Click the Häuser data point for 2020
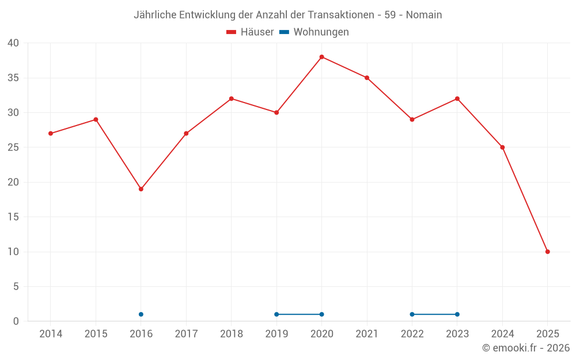coord(321,57)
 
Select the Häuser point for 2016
coord(141,189)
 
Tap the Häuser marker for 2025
coord(547,252)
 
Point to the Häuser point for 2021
coord(367,78)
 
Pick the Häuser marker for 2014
coord(51,134)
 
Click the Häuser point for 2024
coord(502,147)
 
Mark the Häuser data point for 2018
coord(232,98)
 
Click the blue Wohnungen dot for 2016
coord(141,314)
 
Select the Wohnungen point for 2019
coord(276,314)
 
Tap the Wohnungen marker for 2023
coord(457,314)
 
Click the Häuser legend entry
coord(250,32)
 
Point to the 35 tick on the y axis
coord(13,78)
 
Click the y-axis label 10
coord(13,252)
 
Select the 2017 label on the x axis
coord(186,334)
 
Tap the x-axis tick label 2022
coord(412,334)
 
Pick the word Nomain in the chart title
coord(424,15)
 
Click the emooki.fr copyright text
coord(526,348)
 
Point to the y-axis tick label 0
coord(16,321)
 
